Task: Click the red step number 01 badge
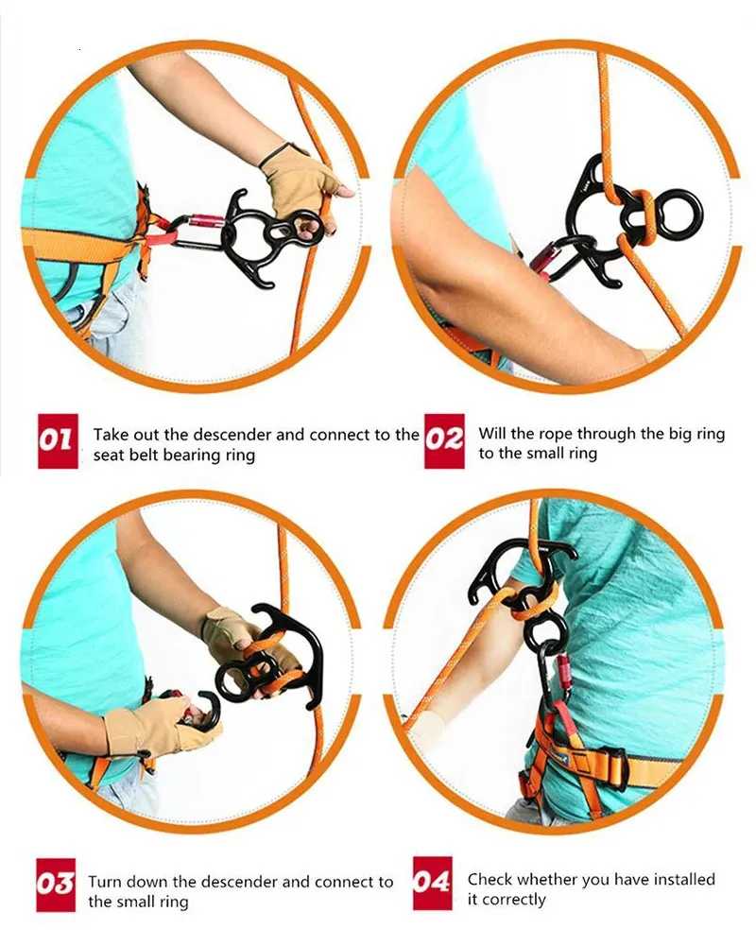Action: point(58,441)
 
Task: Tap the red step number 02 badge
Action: point(445,441)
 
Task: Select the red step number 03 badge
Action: point(56,885)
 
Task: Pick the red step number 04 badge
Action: point(432,884)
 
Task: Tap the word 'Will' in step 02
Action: point(491,433)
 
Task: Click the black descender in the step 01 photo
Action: point(261,236)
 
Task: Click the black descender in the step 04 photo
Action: point(522,592)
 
